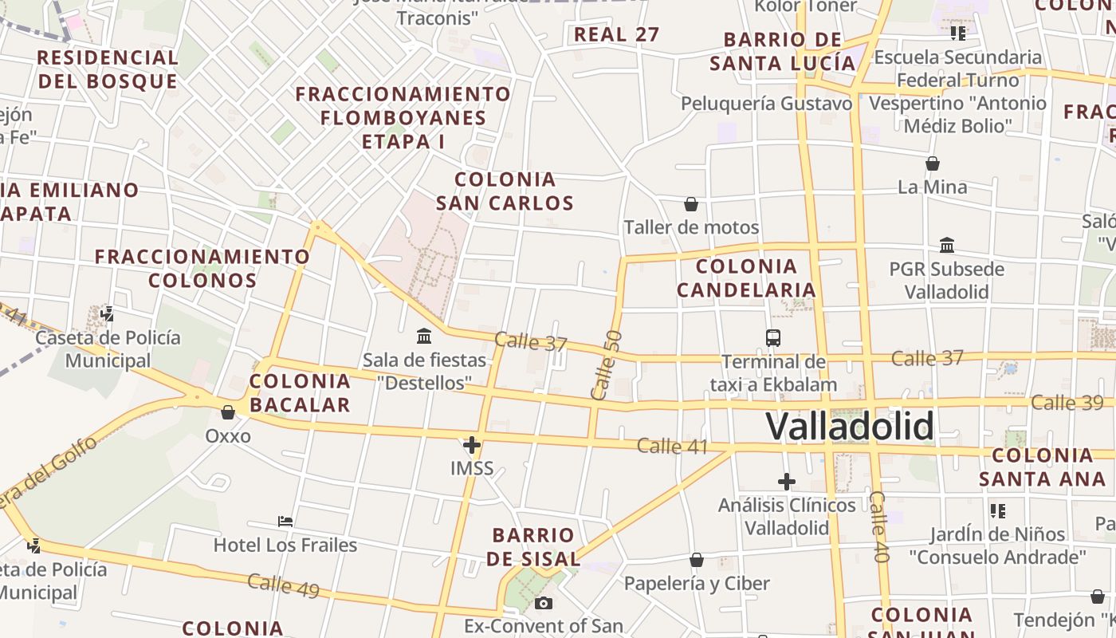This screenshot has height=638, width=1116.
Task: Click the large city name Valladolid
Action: pos(849,426)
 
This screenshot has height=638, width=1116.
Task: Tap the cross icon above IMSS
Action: pos(472,445)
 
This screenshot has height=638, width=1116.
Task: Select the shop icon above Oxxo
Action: pos(228,412)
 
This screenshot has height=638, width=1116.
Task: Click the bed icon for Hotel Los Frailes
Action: pos(285,522)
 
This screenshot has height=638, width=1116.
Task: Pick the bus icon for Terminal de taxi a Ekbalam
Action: pos(772,337)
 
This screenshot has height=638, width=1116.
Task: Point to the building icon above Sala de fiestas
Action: pos(424,336)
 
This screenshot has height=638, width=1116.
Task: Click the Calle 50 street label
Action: pos(606,364)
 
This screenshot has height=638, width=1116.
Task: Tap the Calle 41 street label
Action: pos(673,446)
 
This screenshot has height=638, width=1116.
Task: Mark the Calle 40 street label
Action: pos(878,526)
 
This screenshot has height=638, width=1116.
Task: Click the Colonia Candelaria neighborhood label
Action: pos(747,278)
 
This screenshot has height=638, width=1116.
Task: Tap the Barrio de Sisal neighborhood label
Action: pos(533,546)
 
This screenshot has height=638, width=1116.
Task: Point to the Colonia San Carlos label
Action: pos(505,191)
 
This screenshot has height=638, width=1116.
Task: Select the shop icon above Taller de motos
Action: pos(691,205)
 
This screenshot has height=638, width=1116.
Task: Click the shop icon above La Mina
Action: pos(932,164)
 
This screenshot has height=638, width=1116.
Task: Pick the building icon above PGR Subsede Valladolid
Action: pos(947,245)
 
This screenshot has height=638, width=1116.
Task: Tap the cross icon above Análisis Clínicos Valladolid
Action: pos(787,482)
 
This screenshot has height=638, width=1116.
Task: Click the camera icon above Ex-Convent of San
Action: pos(544,603)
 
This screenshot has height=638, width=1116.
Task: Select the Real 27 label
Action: pos(617,34)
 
